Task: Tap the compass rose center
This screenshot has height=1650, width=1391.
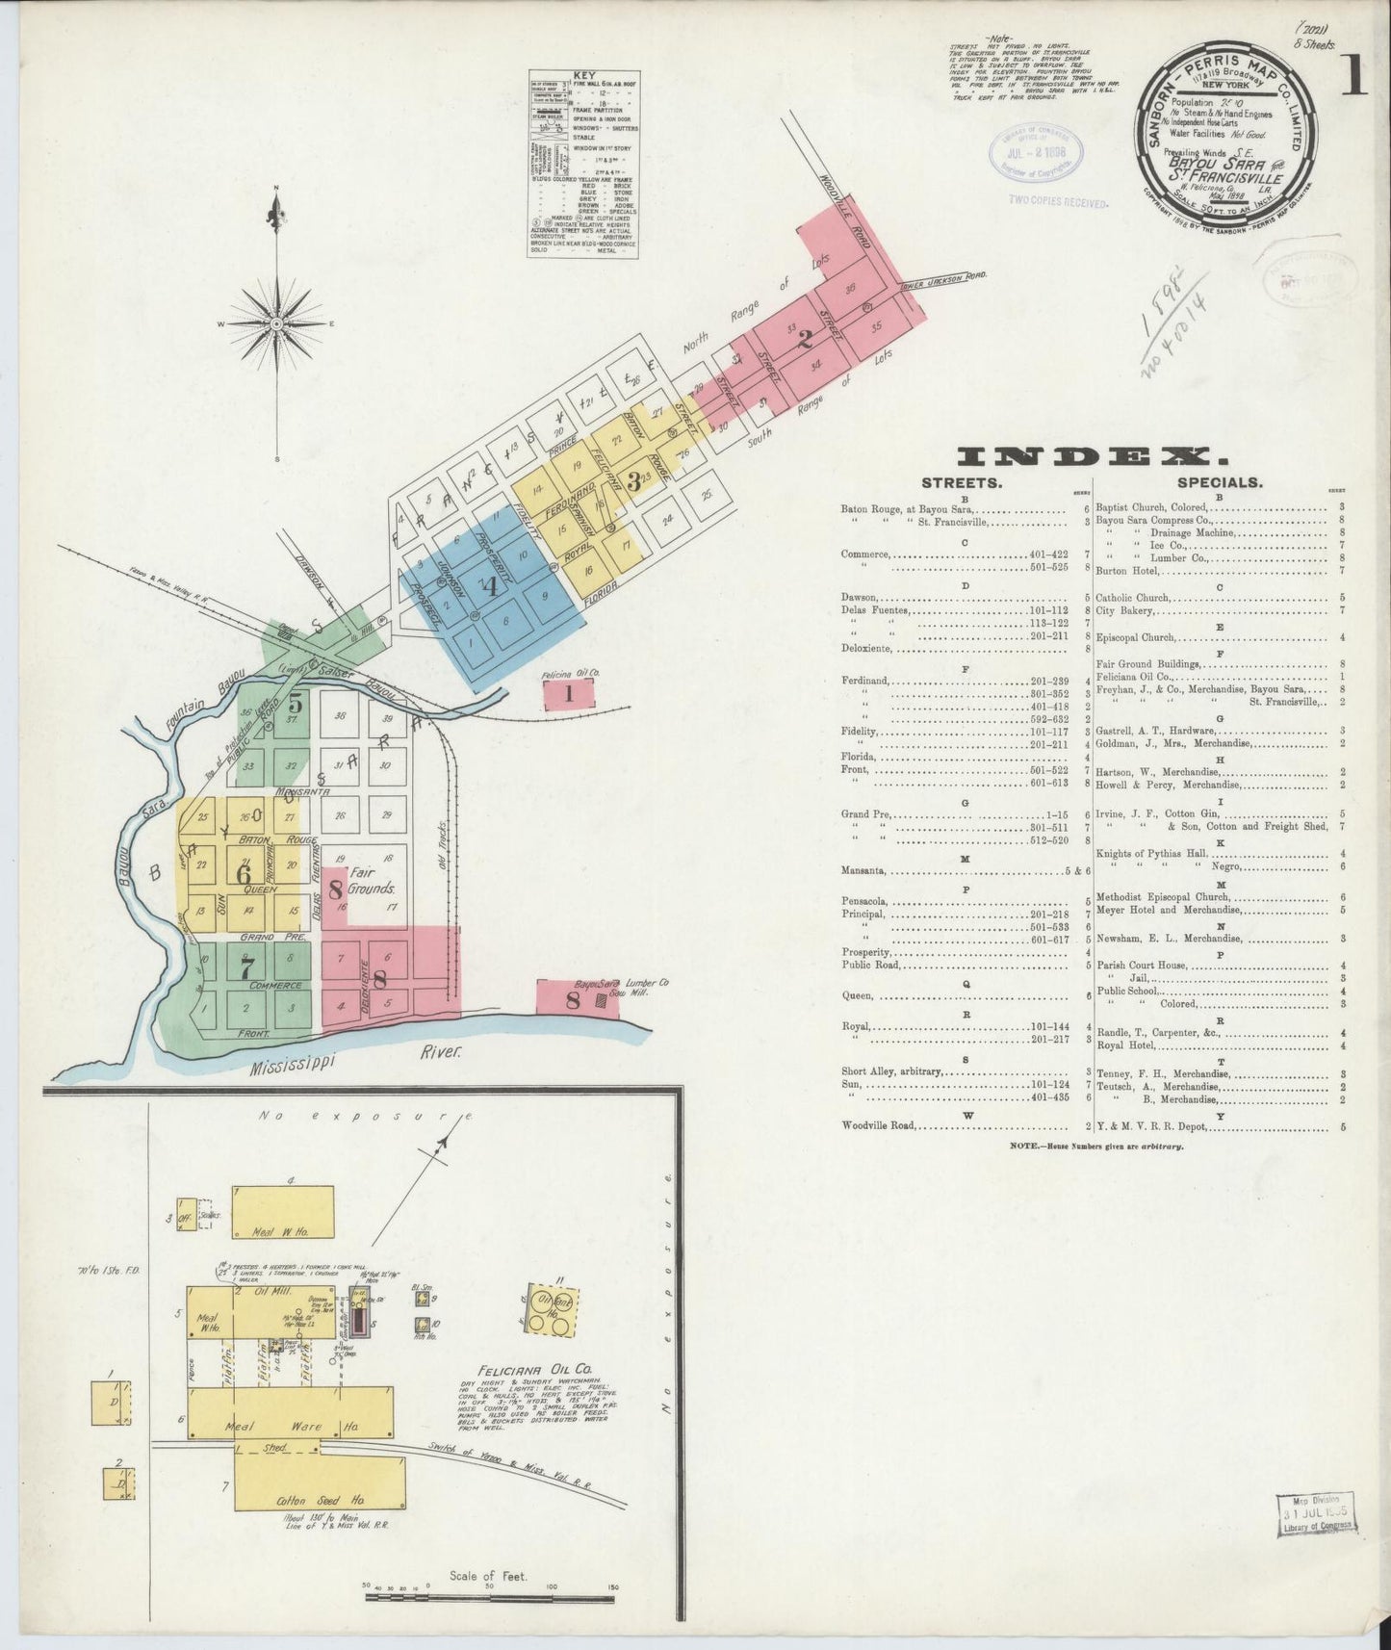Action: point(277,324)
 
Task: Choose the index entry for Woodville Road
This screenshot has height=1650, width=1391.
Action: point(880,1125)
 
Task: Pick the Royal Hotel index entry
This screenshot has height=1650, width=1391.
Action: point(1122,1045)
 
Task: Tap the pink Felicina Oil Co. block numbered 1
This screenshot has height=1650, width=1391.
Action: point(569,691)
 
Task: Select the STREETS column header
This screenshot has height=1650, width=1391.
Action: point(962,483)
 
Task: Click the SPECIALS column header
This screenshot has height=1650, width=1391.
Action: point(1220,483)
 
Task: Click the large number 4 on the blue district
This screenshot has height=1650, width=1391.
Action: point(490,586)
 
